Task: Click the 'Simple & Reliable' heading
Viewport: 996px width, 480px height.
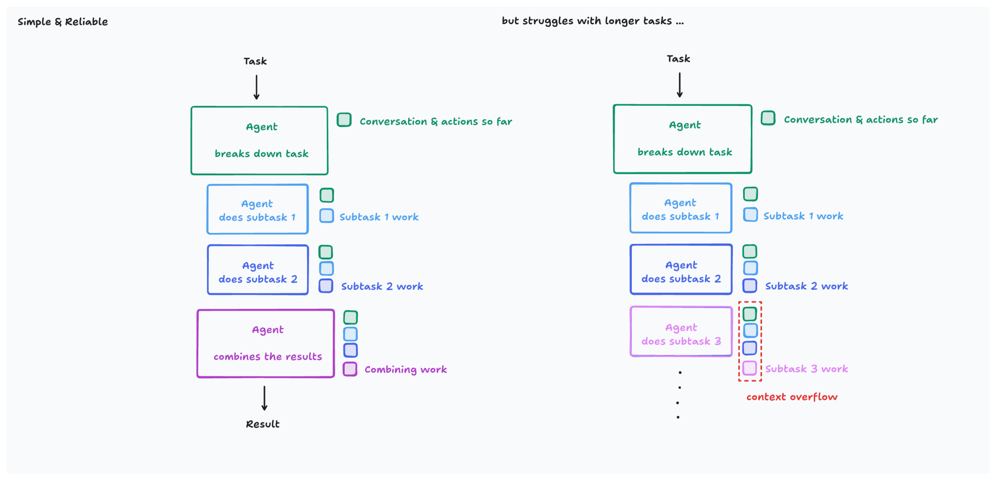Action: [x=63, y=22]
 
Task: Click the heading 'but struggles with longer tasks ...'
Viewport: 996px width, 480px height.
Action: [x=592, y=21]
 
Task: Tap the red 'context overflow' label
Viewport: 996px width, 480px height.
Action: [x=792, y=397]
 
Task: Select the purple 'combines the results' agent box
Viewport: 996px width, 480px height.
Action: [x=266, y=343]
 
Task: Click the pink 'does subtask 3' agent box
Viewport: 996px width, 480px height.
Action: [x=681, y=331]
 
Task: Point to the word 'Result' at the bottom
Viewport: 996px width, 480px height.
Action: [x=262, y=424]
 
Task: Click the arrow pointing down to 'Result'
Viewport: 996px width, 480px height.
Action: [x=265, y=398]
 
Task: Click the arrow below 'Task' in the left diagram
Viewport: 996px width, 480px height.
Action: [x=256, y=87]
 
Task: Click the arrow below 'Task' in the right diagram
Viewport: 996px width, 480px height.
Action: [x=679, y=85]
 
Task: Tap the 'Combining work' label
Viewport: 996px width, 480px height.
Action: [x=405, y=369]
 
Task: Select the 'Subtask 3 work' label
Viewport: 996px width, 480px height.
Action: [x=806, y=369]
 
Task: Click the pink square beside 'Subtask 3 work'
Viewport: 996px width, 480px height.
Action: [x=749, y=368]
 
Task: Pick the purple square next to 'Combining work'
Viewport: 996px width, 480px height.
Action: [x=350, y=369]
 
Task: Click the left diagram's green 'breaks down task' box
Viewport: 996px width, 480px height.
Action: [x=259, y=141]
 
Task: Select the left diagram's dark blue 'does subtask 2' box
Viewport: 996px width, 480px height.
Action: [x=258, y=270]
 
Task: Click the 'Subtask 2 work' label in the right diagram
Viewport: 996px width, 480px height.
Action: [x=806, y=286]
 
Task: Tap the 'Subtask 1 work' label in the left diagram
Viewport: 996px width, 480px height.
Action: [x=379, y=217]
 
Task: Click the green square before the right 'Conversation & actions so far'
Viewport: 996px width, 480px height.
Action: [x=768, y=118]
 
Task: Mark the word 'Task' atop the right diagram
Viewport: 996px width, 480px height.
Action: [x=678, y=59]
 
